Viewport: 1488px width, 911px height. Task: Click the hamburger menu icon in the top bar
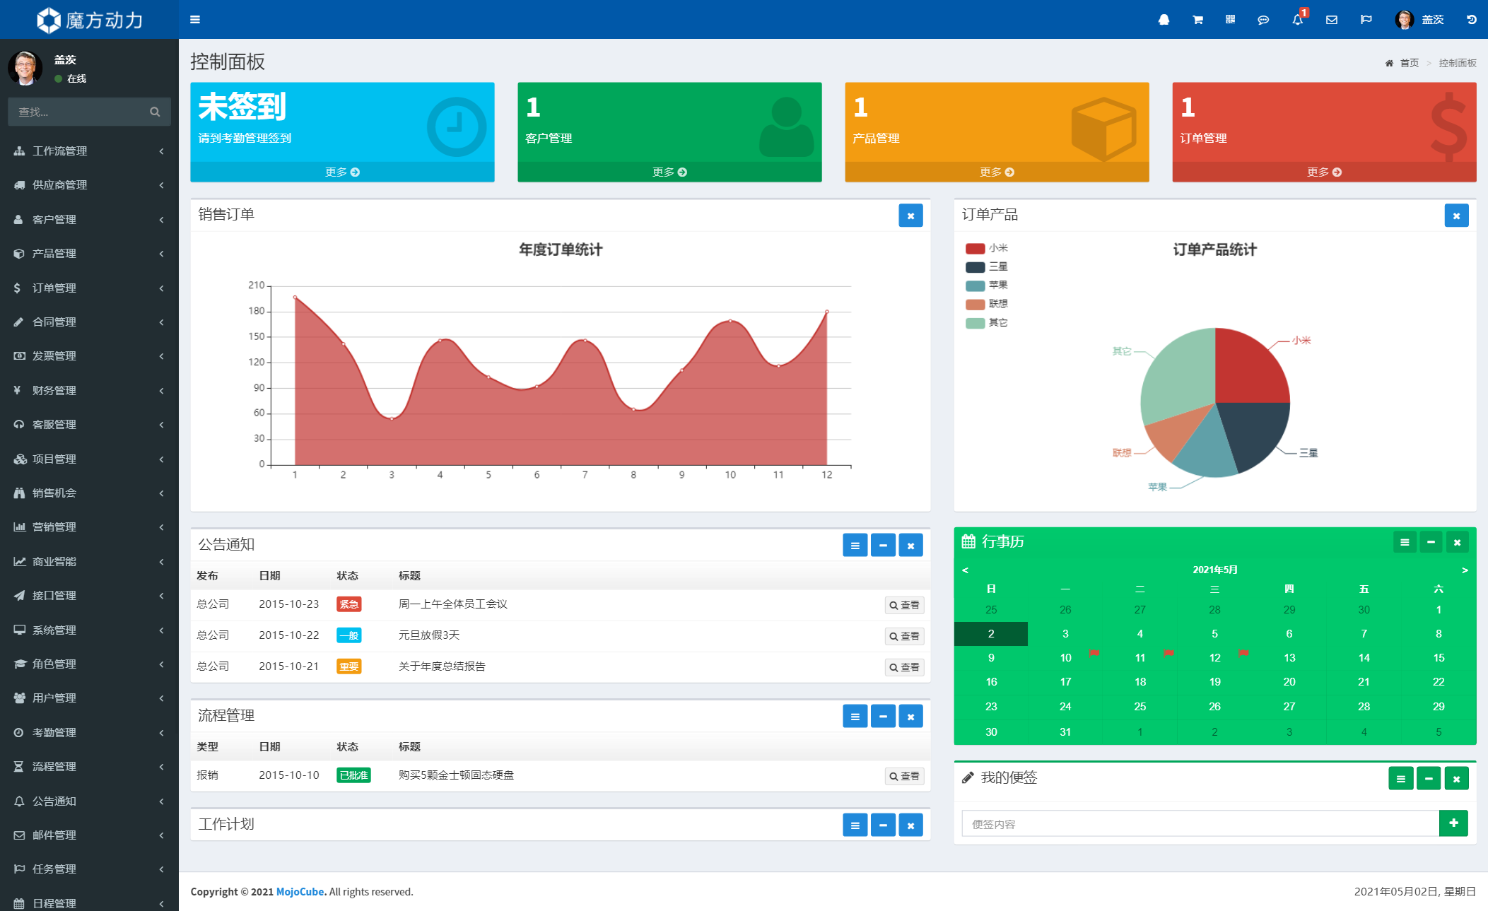coord(195,20)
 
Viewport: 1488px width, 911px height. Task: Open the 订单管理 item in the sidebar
coord(54,288)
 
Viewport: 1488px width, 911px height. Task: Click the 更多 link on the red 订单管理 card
coord(1323,172)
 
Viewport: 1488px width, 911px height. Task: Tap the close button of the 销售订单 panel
coord(910,216)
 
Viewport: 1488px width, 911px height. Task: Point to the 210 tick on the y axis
coord(257,286)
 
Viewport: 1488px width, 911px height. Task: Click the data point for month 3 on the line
coord(392,419)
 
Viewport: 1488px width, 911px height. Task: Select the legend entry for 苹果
coord(987,286)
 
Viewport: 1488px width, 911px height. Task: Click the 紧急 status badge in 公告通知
coord(348,604)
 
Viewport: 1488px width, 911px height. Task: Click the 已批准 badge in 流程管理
coord(353,775)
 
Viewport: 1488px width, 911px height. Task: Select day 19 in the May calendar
coord(1214,682)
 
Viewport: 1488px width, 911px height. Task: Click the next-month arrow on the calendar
coord(1465,570)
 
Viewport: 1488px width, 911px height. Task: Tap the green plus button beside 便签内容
coord(1453,823)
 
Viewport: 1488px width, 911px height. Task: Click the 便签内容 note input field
coord(1200,824)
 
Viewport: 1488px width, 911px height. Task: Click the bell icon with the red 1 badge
coord(1298,20)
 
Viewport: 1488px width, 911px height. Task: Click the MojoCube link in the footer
coord(300,892)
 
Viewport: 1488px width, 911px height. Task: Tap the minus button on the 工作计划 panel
coord(883,825)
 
